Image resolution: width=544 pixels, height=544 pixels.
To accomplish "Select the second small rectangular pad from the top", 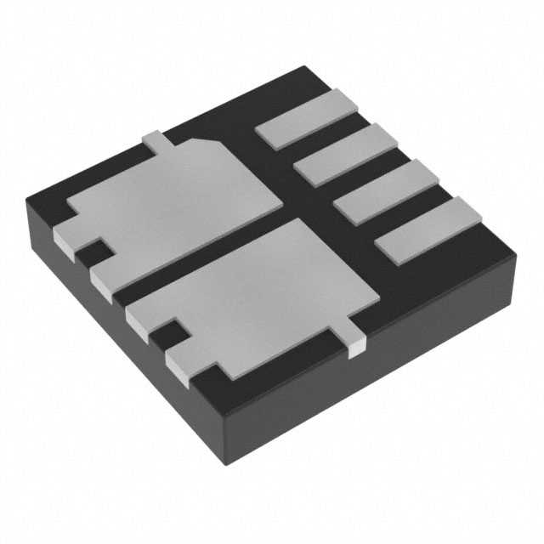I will [347, 154].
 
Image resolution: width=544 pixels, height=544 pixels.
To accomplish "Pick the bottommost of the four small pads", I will [428, 230].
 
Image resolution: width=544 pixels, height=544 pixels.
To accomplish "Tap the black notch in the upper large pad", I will [91, 252].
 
